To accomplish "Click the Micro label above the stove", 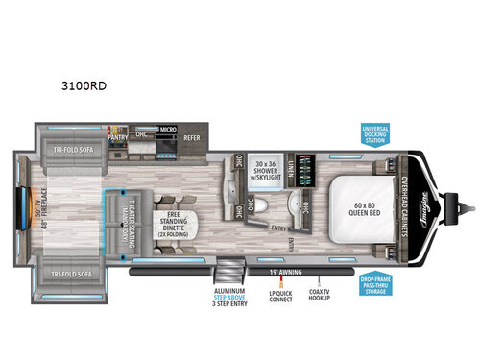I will pos(167,128).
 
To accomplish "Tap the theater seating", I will pos(129,223).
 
